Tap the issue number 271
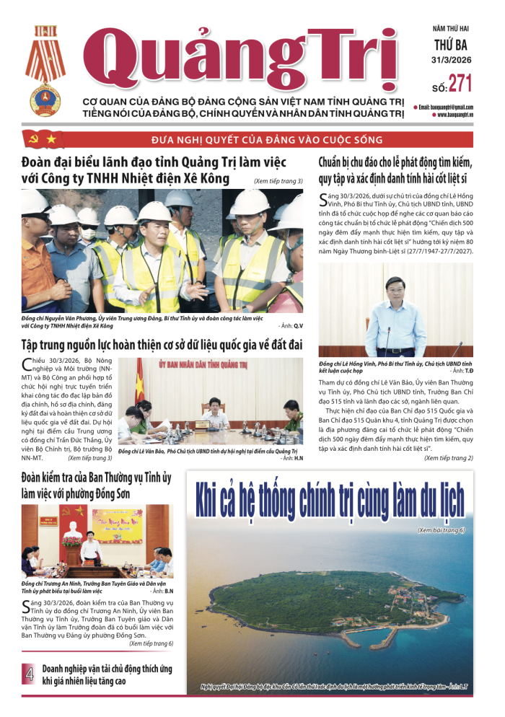click(460, 84)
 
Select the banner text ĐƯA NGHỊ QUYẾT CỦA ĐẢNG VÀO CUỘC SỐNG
click(266, 139)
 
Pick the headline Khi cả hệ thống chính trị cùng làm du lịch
click(329, 498)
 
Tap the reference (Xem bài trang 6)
click(441, 530)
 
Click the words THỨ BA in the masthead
click(452, 44)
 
